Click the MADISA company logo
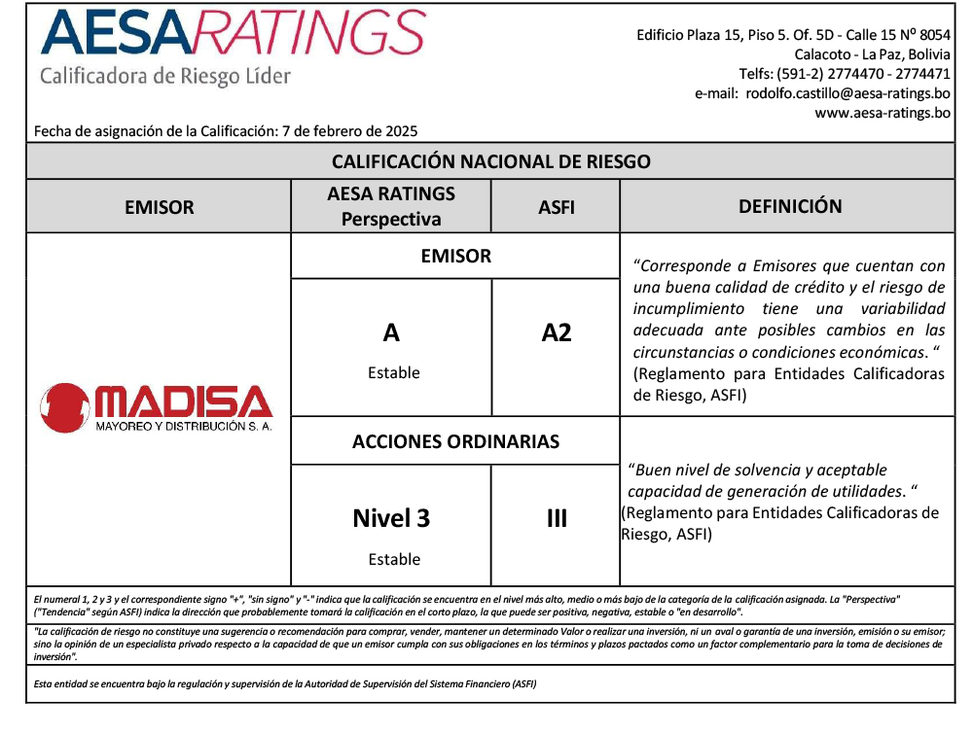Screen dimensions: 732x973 [x=157, y=405]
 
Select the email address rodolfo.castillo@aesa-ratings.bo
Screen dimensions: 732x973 [x=848, y=93]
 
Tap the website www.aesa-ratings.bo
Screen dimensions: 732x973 [x=883, y=113]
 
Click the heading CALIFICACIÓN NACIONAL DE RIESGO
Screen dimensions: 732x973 [x=490, y=161]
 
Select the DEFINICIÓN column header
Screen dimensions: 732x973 [x=789, y=206]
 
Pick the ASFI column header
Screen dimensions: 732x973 [x=556, y=207]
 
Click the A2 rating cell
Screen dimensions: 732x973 [x=556, y=333]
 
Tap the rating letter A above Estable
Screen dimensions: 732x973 [x=391, y=333]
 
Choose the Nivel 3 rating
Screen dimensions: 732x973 [x=391, y=518]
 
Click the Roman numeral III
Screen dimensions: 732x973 [x=556, y=518]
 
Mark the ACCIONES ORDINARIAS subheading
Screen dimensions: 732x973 [x=455, y=441]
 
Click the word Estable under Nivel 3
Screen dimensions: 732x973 [x=394, y=559]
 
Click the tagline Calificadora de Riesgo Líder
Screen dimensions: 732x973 [x=165, y=76]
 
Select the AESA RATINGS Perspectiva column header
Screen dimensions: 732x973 [x=391, y=206]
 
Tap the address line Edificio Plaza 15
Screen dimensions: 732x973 [x=793, y=35]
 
